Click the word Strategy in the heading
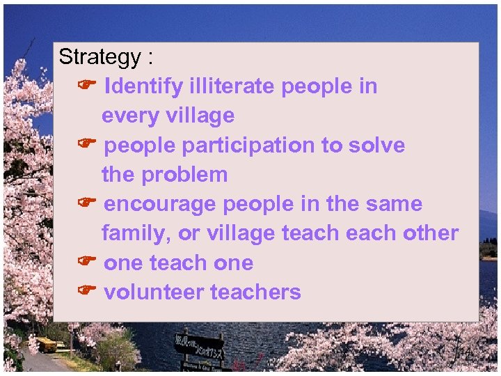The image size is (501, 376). click(100, 58)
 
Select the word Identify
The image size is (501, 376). click(143, 87)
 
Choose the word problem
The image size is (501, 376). click(184, 175)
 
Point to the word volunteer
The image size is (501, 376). click(153, 292)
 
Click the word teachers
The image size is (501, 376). click(255, 292)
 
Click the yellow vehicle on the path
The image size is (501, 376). click(46, 344)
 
